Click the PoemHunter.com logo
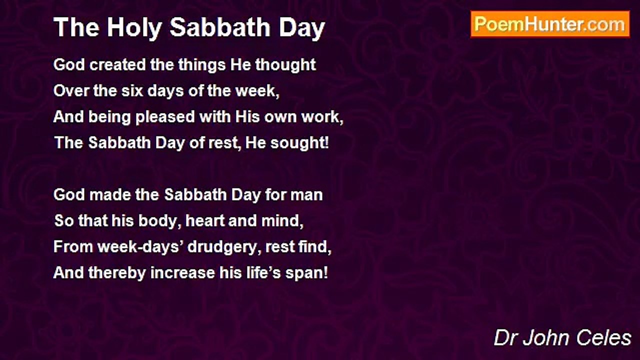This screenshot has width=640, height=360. click(550, 24)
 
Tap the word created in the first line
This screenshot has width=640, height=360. click(117, 64)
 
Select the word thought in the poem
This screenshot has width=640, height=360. click(285, 65)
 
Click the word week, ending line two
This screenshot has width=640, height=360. click(257, 91)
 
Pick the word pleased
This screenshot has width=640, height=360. click(165, 117)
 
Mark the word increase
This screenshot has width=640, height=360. click(182, 273)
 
